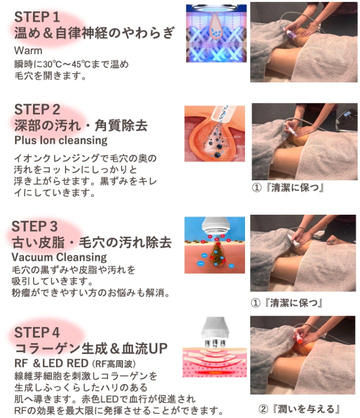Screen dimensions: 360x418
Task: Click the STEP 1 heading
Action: point(37,17)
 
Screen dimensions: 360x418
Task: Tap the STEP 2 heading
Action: point(37,109)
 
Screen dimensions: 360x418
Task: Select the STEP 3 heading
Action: point(34,226)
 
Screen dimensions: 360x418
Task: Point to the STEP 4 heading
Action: point(37,333)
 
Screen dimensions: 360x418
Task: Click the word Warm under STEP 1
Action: point(28,50)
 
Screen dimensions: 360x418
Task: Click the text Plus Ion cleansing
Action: point(61,140)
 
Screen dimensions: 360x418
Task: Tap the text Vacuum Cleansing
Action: point(59,257)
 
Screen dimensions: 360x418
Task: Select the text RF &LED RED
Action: point(51,364)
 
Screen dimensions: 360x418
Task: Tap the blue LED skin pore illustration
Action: point(216,33)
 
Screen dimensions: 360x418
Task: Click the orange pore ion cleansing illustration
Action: point(214,133)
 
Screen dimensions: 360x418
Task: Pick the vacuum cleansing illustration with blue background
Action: point(214,245)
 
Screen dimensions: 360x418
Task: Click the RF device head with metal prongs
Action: point(215,332)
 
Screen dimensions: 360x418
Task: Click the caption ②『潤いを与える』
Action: point(299,409)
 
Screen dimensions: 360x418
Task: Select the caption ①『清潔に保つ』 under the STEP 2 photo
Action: point(288,188)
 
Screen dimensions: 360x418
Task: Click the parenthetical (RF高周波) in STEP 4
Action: point(114,364)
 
